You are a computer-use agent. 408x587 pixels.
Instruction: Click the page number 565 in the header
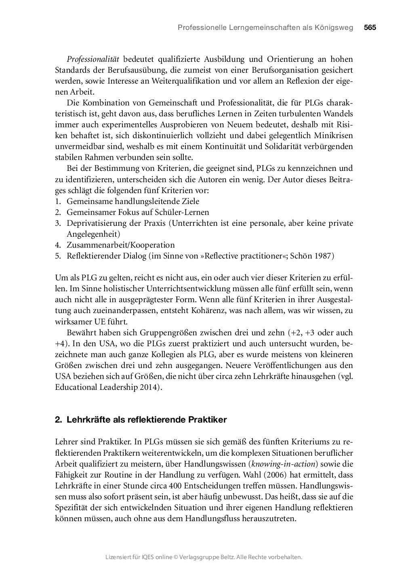click(x=370, y=27)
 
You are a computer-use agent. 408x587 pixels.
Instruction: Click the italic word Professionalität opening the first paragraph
click(x=93, y=59)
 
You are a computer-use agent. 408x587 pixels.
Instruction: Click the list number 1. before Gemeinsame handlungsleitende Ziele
click(x=58, y=201)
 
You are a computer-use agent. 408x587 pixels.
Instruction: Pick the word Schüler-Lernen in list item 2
click(x=184, y=212)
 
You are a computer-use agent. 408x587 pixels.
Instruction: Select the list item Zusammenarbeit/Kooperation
click(x=120, y=245)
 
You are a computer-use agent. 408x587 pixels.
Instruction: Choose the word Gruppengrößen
click(x=168, y=333)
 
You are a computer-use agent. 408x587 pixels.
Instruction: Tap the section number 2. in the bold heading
click(x=58, y=420)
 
